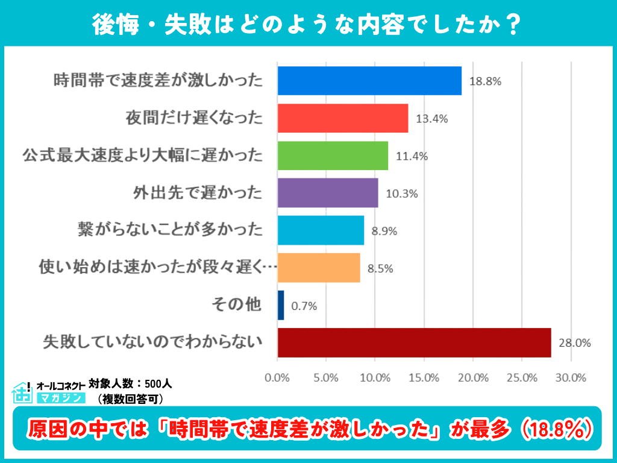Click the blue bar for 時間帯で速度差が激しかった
pyautogui.click(x=369, y=81)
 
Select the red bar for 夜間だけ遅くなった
pyautogui.click(x=343, y=118)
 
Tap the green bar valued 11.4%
pyautogui.click(x=333, y=156)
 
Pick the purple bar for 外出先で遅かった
pyautogui.click(x=328, y=193)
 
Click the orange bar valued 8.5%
pyautogui.click(x=319, y=268)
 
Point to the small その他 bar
pyautogui.click(x=281, y=305)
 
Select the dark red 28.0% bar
pyautogui.click(x=414, y=342)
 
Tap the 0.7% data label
pyautogui.click(x=304, y=306)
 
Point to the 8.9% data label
pyautogui.click(x=384, y=231)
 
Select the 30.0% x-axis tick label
pyautogui.click(x=571, y=378)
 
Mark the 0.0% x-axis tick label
pyautogui.click(x=277, y=378)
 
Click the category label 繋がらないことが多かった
pyautogui.click(x=171, y=230)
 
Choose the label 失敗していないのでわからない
pyautogui.click(x=153, y=342)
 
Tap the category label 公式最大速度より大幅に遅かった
pyautogui.click(x=143, y=156)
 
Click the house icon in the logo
pyautogui.click(x=22, y=392)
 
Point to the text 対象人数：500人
pyautogui.click(x=130, y=383)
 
